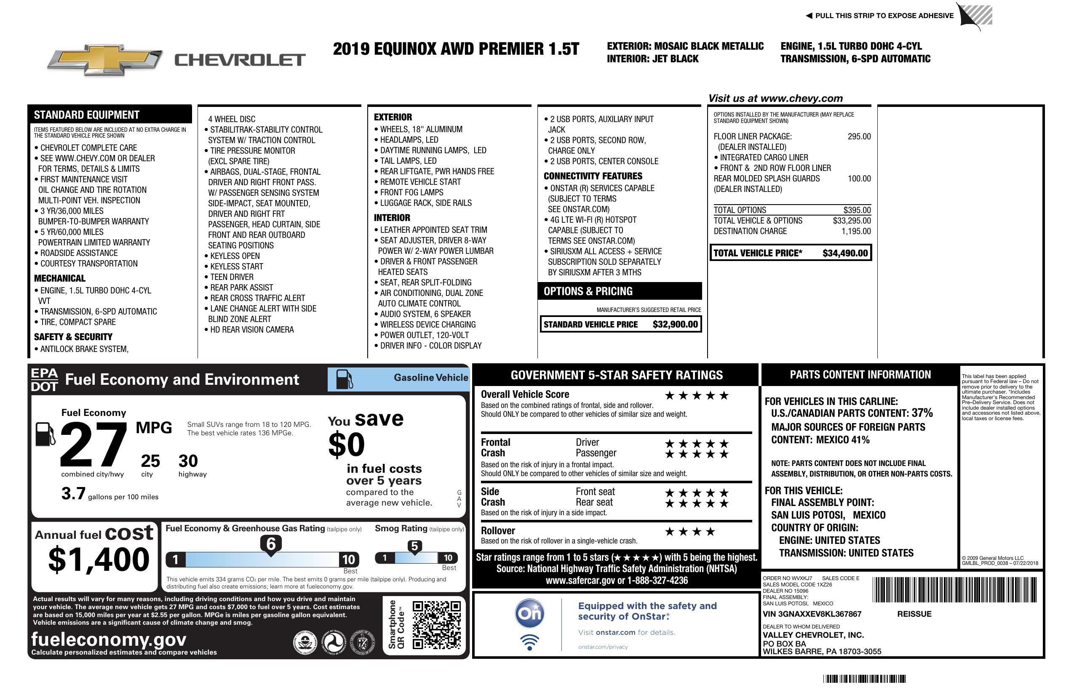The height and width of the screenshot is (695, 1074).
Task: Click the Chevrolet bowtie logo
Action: coord(105,59)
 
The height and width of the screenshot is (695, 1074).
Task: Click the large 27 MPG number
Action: coord(94,445)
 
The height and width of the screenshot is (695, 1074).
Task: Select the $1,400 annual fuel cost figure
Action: coord(99,560)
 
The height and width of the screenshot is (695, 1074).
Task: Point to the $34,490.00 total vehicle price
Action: coord(845,253)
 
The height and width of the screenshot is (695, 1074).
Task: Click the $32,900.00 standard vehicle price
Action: coord(675,324)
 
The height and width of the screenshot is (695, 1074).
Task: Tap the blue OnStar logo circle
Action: coord(529,613)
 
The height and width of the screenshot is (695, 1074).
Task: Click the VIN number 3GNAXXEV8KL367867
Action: coord(812,614)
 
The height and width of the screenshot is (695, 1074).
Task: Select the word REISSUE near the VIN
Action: coord(914,614)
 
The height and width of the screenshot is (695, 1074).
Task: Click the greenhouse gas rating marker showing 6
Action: coord(271,544)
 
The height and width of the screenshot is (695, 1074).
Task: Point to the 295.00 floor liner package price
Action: coord(859,137)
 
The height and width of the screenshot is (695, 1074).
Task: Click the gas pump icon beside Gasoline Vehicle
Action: coord(345,379)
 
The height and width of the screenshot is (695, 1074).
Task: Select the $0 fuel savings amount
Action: coord(347,445)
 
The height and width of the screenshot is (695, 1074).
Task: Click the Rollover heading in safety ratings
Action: coord(498,531)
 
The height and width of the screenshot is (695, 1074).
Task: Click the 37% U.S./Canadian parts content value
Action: coord(922,413)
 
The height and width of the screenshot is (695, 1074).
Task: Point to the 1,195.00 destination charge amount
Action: coord(855,232)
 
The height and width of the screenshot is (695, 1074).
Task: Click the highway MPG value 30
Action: coord(188,461)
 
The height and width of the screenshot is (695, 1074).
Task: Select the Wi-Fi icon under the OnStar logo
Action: coord(529,642)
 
